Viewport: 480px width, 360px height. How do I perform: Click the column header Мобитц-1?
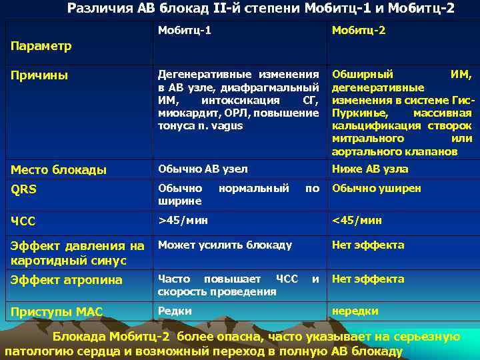pos(184,31)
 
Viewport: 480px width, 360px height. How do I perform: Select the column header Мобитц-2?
pos(359,31)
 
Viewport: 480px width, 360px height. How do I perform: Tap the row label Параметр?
pos(39,47)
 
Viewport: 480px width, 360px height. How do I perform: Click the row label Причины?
pos(39,75)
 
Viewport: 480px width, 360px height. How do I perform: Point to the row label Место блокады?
pos(58,170)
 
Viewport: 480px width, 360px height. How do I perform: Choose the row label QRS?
pos(23,189)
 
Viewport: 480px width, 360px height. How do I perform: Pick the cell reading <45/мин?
pos(357,220)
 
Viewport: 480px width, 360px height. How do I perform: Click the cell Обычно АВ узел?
pos(203,169)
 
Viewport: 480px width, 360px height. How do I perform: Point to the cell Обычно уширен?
pos(377,189)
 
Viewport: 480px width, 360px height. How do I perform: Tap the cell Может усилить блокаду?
pos(225,245)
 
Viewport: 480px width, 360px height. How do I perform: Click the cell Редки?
pos(175,311)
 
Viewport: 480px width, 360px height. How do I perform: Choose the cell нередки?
pos(355,311)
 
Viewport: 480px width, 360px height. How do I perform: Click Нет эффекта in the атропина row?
pos(368,279)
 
